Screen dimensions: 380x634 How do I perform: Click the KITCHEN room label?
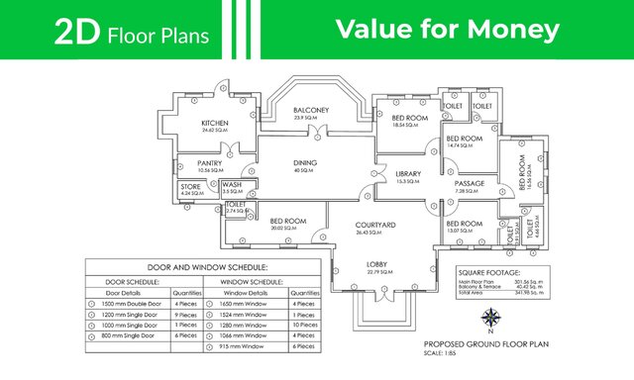215,123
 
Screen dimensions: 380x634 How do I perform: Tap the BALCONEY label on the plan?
311,110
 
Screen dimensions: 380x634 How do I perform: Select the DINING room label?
303,162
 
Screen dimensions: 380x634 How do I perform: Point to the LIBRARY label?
408,174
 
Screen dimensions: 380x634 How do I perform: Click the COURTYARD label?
375,226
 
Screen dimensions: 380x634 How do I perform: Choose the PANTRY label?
209,163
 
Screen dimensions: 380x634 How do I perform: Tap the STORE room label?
190,185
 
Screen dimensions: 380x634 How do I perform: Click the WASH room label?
232,184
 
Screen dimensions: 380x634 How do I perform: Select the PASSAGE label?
469,184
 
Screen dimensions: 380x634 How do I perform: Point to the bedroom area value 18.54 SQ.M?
408,126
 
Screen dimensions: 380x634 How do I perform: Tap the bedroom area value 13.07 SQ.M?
464,232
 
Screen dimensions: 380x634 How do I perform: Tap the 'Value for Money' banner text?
447,30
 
